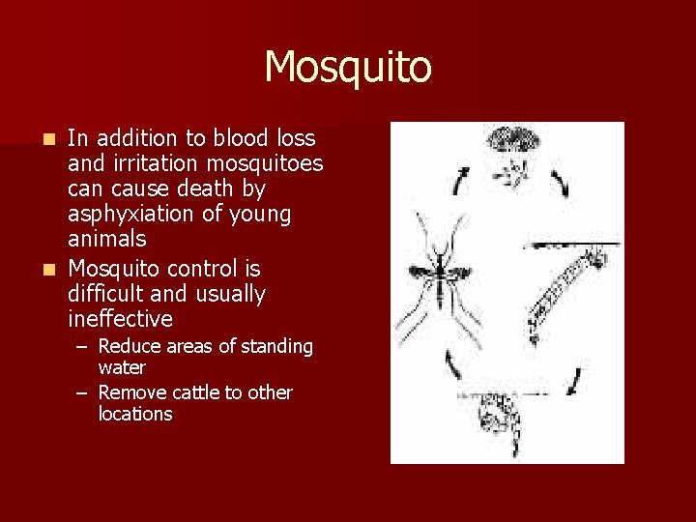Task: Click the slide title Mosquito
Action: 348,68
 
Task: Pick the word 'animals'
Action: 107,238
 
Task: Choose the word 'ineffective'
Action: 121,318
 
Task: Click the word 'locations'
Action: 135,414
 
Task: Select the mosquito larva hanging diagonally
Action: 565,285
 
